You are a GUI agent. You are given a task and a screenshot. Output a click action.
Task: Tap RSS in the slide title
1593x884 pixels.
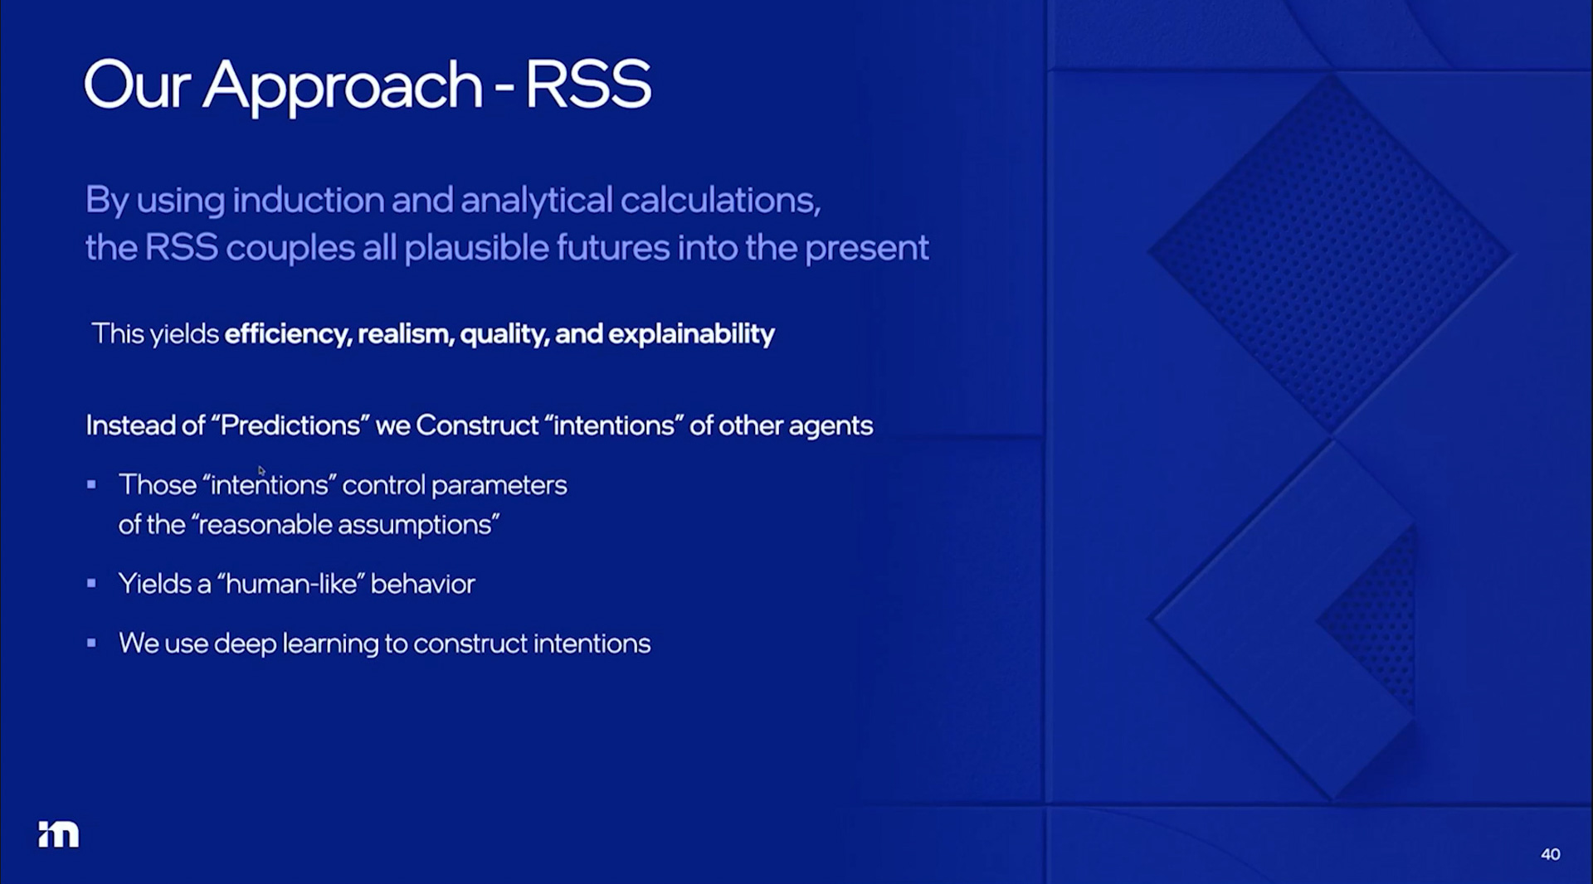click(588, 84)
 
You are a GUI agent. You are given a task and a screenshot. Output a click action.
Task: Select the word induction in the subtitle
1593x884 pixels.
click(308, 200)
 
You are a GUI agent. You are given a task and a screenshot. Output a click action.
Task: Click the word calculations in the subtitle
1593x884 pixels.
click(720, 200)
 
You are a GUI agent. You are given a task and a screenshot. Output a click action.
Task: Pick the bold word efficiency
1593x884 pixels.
click(288, 334)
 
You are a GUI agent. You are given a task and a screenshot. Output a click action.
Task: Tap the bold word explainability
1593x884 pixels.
click(691, 334)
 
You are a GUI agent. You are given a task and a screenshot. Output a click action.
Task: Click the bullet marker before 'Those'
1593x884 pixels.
click(91, 484)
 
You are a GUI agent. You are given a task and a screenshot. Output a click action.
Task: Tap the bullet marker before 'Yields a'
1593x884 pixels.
click(91, 583)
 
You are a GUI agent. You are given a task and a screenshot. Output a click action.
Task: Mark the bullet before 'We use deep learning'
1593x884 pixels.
click(91, 643)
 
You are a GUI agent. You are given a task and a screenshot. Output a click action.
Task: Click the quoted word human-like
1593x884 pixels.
click(290, 584)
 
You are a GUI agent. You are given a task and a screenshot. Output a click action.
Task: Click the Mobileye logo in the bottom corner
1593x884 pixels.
click(58, 834)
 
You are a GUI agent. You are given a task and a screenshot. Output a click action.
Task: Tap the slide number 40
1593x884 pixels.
click(1550, 854)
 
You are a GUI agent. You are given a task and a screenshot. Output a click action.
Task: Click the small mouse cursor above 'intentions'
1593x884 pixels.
click(261, 471)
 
